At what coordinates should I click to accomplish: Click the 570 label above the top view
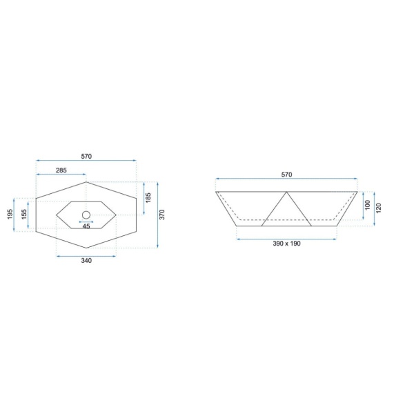pos(86,157)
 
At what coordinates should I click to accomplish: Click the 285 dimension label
pos(61,170)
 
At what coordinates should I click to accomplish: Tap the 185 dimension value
pos(148,198)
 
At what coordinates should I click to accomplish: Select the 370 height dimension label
pos(162,215)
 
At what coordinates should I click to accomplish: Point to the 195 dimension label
pos(10,214)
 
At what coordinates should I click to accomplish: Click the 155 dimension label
pos(24,214)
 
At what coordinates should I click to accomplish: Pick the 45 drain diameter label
pos(86,226)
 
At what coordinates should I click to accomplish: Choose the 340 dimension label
pos(86,261)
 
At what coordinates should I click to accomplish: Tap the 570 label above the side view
pos(287,175)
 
